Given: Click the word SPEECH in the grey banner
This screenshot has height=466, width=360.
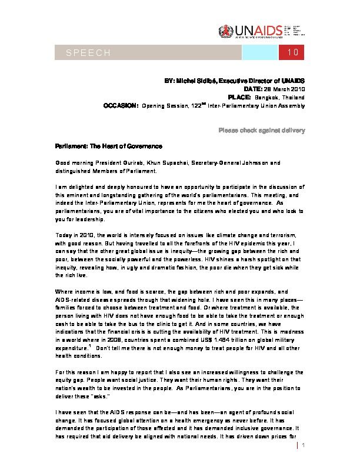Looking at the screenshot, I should (88, 53).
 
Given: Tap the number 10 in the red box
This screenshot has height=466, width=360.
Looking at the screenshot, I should (294, 53).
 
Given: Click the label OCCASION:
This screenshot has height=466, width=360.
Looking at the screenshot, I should (121, 105).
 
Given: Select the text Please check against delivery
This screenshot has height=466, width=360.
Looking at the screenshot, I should (261, 129).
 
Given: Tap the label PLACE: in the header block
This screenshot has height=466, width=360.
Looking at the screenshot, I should (239, 96).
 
